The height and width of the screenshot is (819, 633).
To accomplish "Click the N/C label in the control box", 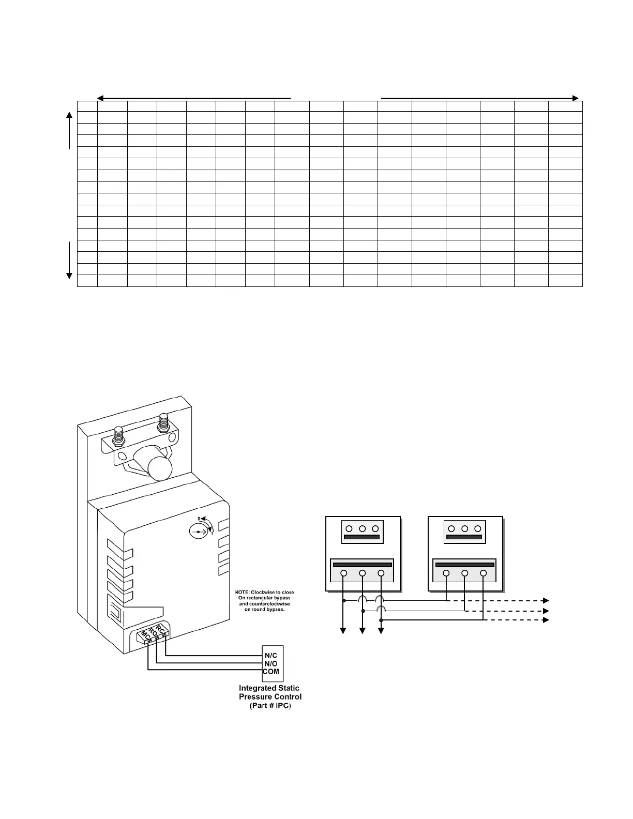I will pyautogui.click(x=271, y=656).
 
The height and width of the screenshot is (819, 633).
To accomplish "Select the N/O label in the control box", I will pyautogui.click(x=271, y=663).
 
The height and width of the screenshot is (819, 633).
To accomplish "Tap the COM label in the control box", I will pyautogui.click(x=271, y=672).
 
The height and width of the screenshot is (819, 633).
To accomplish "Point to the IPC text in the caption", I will pyautogui.click(x=282, y=705).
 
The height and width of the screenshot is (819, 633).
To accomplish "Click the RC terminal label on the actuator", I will pyautogui.click(x=162, y=631).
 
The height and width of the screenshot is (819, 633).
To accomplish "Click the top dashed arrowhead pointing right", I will pyautogui.click(x=545, y=601).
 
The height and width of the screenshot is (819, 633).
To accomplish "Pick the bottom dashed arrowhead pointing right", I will pyautogui.click(x=545, y=620).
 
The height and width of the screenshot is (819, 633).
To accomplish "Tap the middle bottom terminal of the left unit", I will pyautogui.click(x=363, y=573).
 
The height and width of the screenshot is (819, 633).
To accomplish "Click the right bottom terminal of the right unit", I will pyautogui.click(x=483, y=573).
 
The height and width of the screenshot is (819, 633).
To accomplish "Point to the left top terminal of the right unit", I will pyautogui.click(x=451, y=528).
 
